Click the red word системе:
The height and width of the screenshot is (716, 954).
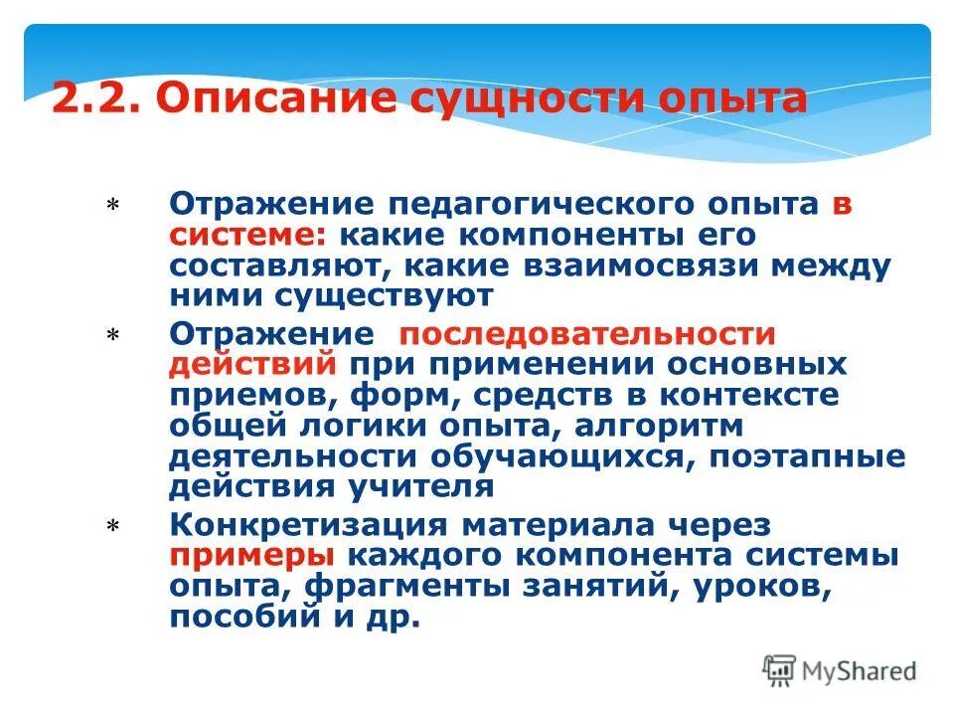pos(248,236)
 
